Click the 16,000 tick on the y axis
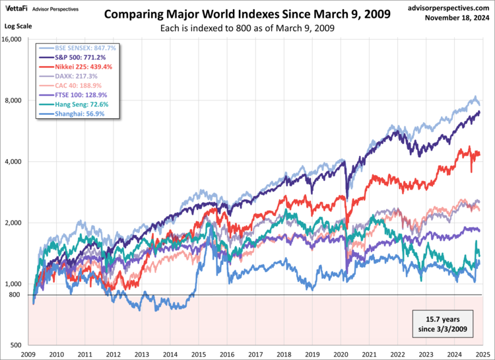pos(12,40)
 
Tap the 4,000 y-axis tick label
pos(14,162)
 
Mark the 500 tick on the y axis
pos(16,345)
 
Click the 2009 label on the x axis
pos(28,354)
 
